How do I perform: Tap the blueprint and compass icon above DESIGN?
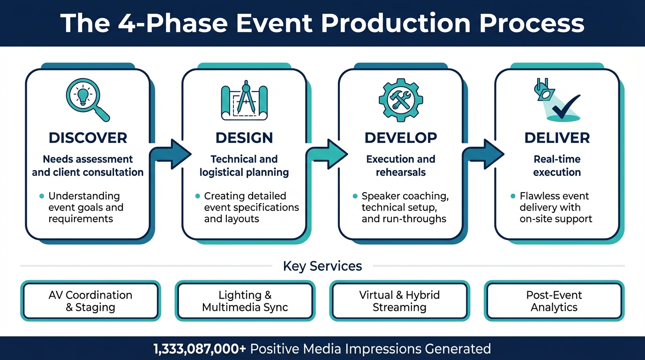click(244, 100)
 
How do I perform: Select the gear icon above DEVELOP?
click(400, 100)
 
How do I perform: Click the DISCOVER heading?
click(88, 138)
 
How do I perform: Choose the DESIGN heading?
click(244, 138)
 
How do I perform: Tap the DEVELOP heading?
click(401, 138)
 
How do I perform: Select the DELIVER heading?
click(557, 138)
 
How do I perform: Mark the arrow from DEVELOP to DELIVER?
click(486, 154)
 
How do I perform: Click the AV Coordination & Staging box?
click(90, 301)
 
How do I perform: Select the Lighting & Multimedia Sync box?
click(245, 301)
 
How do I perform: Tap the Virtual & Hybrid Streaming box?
click(399, 301)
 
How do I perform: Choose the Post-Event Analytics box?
click(554, 301)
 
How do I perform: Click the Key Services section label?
click(322, 266)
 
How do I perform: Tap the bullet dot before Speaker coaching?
click(355, 196)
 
